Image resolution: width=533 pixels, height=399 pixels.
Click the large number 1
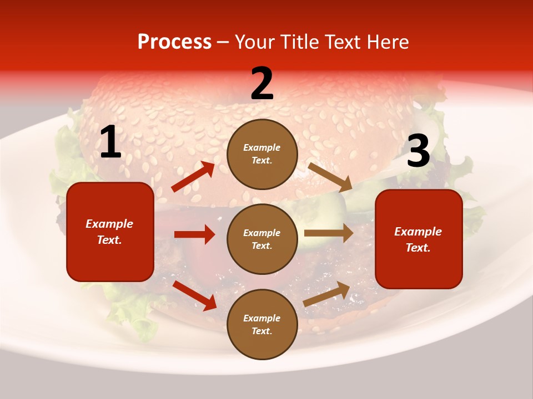point(110,142)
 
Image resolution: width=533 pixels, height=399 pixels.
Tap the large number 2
point(262,84)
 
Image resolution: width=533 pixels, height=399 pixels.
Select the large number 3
point(418,151)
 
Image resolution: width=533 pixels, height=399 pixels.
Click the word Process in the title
point(174,42)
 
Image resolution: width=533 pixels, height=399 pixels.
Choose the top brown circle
point(262,154)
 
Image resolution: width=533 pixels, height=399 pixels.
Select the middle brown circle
point(262,239)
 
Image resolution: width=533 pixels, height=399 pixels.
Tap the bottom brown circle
point(262,324)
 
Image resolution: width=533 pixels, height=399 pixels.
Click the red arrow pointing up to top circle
point(193,177)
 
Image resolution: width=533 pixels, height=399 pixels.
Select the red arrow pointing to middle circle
point(194,234)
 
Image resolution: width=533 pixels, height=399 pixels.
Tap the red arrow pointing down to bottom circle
point(194,295)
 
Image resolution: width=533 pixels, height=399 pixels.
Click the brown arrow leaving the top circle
point(330,177)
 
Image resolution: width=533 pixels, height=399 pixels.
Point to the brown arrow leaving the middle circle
point(329,233)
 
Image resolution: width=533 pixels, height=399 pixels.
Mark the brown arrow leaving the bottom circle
point(327,294)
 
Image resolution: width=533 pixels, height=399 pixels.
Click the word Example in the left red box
point(109,224)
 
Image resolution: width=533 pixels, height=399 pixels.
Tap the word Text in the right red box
point(418,248)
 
